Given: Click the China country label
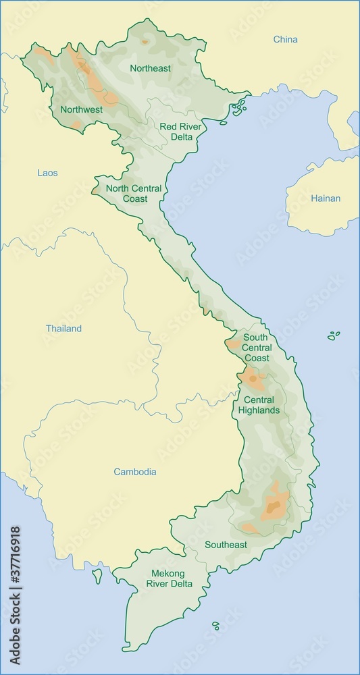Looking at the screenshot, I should point(285,39).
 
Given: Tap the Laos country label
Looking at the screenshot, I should point(47,173).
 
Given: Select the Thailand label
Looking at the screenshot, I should point(63,329).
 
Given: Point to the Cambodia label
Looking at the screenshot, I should point(134,472).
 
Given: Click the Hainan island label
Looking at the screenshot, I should point(326,198).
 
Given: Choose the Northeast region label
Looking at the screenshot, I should point(150,68).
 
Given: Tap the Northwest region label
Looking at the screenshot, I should point(81,109).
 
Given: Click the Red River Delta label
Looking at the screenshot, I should point(176,132).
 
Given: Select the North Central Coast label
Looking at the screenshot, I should point(134,194).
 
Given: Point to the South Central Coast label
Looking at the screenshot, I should point(256,347).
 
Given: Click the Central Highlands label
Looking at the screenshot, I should point(259,404).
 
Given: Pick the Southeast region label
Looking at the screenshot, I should point(226,545).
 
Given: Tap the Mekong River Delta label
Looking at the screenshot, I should point(172,578).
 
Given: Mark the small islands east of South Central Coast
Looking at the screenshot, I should point(333,335).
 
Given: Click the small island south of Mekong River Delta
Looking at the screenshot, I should point(216,626).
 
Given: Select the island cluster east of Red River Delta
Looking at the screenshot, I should point(238,107).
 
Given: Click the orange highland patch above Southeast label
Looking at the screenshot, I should point(274,506).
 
